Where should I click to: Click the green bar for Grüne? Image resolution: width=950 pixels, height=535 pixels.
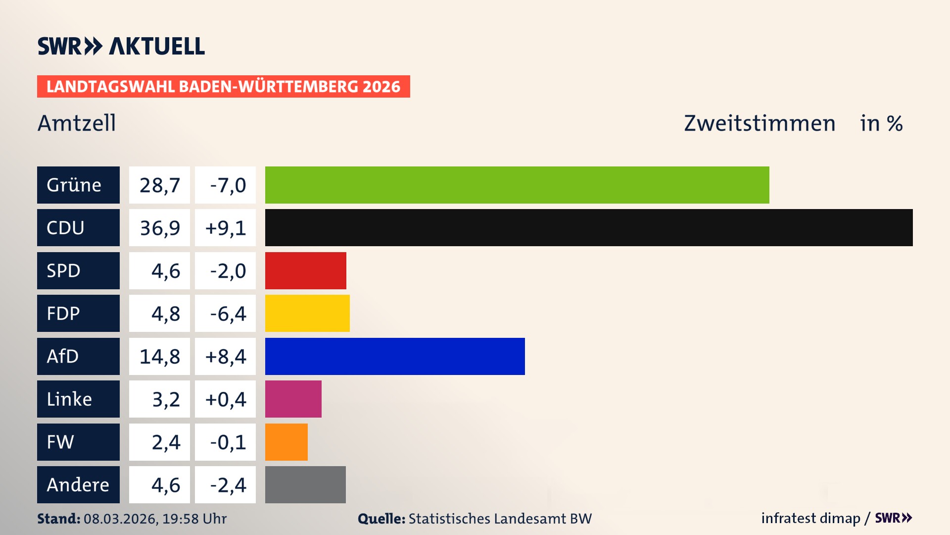[x=517, y=185]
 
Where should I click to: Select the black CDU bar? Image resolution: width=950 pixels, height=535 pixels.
[x=589, y=228]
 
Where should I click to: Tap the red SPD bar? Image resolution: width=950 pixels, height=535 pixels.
[x=305, y=270]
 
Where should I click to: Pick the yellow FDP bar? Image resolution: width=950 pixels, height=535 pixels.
[x=307, y=314]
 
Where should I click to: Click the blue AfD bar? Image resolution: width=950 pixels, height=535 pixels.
[x=395, y=356]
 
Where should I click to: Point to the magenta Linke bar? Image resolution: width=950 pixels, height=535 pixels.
[x=293, y=399]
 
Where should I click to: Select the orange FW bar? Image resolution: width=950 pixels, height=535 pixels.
[x=286, y=442]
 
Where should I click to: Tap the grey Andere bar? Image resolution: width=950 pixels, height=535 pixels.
[x=305, y=484]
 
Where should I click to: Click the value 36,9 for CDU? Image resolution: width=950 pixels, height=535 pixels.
[x=159, y=228]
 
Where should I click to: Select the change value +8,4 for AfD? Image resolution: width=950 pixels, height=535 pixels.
[x=225, y=356]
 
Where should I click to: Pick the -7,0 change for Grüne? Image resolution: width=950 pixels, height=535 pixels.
[x=227, y=185]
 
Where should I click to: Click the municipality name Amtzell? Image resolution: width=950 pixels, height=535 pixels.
[x=77, y=123]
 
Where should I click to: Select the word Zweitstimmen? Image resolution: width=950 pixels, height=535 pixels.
[x=760, y=123]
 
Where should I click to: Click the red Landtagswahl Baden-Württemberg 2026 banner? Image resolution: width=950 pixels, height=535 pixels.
[x=223, y=87]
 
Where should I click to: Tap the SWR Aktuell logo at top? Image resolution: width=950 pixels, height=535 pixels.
[x=121, y=46]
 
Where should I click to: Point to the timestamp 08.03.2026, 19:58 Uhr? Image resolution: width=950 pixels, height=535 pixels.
[x=155, y=519]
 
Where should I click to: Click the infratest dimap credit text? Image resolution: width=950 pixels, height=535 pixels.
[x=810, y=518]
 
